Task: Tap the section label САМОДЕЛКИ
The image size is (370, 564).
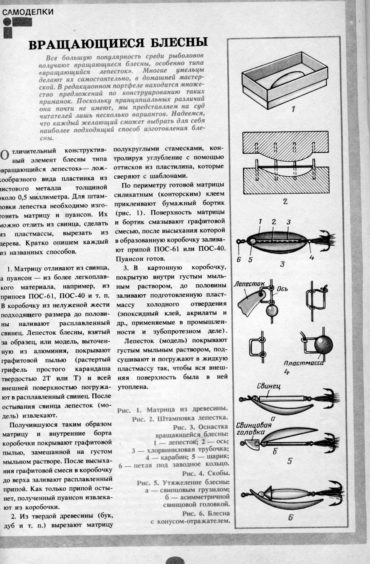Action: point(28,12)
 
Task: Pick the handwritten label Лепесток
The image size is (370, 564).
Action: point(249,286)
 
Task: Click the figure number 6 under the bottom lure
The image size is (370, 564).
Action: point(290,517)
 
